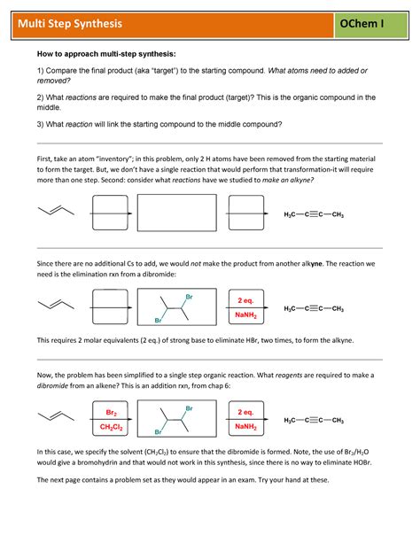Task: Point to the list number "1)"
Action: pyautogui.click(x=40, y=71)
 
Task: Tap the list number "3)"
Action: pyautogui.click(x=40, y=124)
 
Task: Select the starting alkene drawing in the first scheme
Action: pyautogui.click(x=56, y=211)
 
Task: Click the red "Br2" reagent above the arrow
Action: pyautogui.click(x=112, y=414)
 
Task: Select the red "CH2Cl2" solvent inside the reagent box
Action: pyautogui.click(x=112, y=428)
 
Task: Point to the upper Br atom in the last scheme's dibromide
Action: pyautogui.click(x=188, y=407)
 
